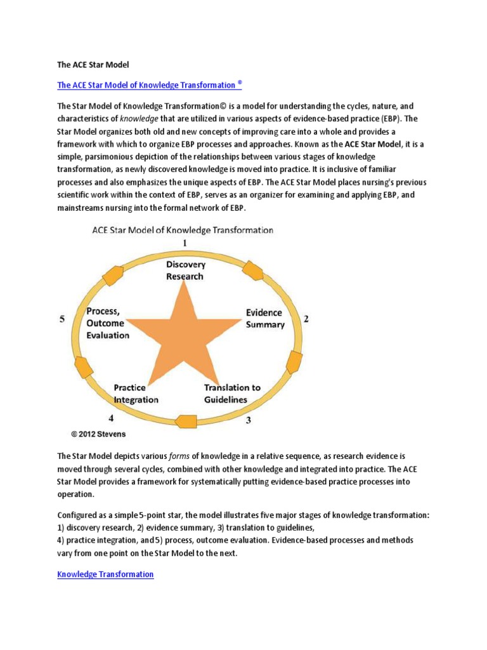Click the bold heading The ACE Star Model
click(93, 65)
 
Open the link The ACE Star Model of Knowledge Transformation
click(150, 85)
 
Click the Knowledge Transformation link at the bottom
click(105, 574)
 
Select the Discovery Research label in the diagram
click(185, 270)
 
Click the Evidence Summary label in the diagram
click(265, 319)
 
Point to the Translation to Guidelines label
click(232, 394)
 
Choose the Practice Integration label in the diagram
click(136, 394)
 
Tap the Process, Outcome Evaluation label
click(108, 323)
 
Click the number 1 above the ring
click(185, 243)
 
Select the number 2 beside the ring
click(306, 319)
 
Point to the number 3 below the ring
click(249, 420)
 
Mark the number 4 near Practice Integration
click(111, 418)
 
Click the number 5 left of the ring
click(62, 319)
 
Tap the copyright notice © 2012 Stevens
click(99, 435)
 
